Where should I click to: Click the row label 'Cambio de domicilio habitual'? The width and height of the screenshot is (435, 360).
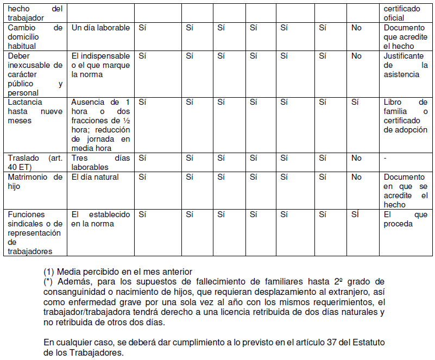point(35,36)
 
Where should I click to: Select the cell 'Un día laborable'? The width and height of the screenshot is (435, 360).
point(100,28)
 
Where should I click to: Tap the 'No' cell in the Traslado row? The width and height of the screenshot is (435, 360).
point(356,158)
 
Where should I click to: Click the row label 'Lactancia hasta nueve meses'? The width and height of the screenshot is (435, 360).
point(35,111)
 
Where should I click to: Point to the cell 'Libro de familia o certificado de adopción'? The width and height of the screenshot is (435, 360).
point(405,116)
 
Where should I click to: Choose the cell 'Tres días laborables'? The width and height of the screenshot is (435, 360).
point(100,162)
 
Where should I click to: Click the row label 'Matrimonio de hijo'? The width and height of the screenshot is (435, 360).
point(35,181)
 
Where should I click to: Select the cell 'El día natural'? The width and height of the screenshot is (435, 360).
point(95,177)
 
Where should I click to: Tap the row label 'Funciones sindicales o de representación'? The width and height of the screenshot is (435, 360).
point(35,232)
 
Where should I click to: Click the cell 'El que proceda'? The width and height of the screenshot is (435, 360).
point(405,219)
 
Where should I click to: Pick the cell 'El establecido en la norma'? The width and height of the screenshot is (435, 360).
point(100,219)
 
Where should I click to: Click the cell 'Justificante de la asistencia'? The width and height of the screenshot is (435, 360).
point(405,65)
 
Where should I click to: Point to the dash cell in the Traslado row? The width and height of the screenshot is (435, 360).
point(386,158)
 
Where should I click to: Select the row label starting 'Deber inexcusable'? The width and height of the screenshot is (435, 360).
point(35,74)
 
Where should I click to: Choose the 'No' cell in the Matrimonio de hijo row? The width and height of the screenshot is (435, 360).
point(356,177)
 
